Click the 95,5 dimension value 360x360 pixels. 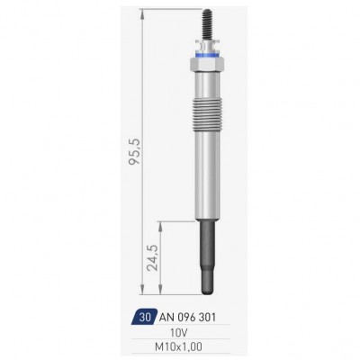[135, 151]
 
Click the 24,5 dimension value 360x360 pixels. [154, 257]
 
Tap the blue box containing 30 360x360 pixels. [144, 317]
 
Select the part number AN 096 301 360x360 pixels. [187, 317]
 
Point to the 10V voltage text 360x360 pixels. [179, 332]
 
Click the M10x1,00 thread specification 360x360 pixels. [178, 347]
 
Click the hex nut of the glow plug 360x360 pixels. [207, 64]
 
